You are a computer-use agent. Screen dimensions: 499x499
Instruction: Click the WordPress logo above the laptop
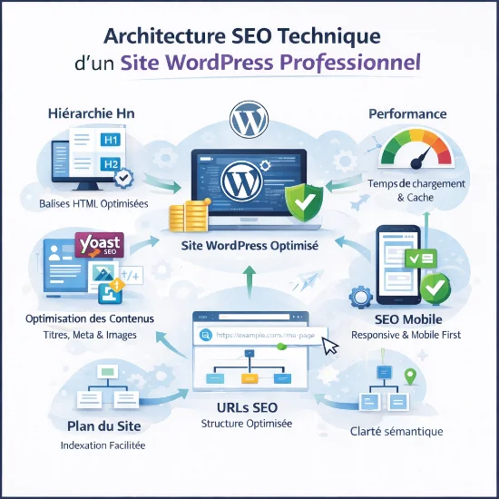tap(249, 120)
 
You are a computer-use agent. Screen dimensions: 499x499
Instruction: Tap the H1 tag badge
tap(111, 140)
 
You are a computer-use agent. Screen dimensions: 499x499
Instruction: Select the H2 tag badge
tap(111, 164)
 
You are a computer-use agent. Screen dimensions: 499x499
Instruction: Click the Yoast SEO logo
tap(99, 245)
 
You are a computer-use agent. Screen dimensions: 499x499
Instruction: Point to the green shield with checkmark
tap(304, 202)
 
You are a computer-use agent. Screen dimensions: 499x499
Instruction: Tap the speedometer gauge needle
tap(421, 157)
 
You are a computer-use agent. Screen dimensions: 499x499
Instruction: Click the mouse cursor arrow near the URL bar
tap(330, 346)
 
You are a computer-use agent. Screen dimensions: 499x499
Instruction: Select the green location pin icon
tap(410, 377)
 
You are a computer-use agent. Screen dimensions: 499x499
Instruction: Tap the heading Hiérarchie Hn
tap(92, 113)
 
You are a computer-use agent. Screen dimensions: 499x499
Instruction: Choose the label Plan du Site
tap(104, 426)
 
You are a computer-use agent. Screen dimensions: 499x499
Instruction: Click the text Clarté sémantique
tap(396, 432)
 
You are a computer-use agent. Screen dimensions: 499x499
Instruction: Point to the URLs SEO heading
tap(248, 407)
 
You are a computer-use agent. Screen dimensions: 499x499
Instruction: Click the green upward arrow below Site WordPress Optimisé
tap(249, 282)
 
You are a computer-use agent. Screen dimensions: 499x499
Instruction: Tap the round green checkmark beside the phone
tap(435, 289)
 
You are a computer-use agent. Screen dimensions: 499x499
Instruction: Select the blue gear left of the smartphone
tap(361, 297)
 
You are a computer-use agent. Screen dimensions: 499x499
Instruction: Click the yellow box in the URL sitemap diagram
tap(249, 378)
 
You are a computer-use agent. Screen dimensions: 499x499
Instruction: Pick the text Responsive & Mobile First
tap(406, 335)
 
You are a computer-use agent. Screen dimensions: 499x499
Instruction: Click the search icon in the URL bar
tap(206, 335)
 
